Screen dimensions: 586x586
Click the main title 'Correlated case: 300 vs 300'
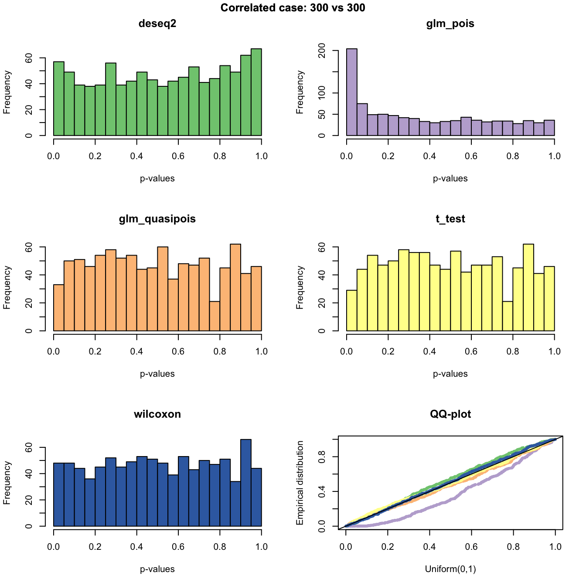pyautogui.click(x=293, y=8)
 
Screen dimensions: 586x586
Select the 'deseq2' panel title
pyautogui.click(x=157, y=24)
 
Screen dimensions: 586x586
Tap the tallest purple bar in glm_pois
pyautogui.click(x=352, y=92)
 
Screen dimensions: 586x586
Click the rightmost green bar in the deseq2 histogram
pyautogui.click(x=256, y=92)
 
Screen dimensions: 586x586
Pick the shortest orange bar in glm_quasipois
pyautogui.click(x=215, y=316)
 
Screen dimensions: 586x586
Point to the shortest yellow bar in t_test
pyautogui.click(x=508, y=316)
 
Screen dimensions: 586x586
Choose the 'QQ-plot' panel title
pyautogui.click(x=450, y=414)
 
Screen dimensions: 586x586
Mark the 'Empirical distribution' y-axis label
pyautogui.click(x=300, y=483)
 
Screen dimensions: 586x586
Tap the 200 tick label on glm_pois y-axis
pyautogui.click(x=323, y=51)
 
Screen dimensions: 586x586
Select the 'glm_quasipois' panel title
pyautogui.click(x=157, y=219)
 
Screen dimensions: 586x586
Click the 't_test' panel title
pyautogui.click(x=450, y=219)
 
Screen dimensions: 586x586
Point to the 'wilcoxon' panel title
pyautogui.click(x=157, y=414)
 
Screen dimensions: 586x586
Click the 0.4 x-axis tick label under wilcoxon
pyautogui.click(x=137, y=546)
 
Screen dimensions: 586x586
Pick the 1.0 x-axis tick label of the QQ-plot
pyautogui.click(x=555, y=546)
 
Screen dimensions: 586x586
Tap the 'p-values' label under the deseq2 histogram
pyautogui.click(x=157, y=178)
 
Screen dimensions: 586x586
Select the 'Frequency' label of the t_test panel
pyautogui.click(x=300, y=288)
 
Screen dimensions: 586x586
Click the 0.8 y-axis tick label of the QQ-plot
pyautogui.click(x=323, y=457)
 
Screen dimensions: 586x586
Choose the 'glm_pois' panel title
pyautogui.click(x=450, y=24)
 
